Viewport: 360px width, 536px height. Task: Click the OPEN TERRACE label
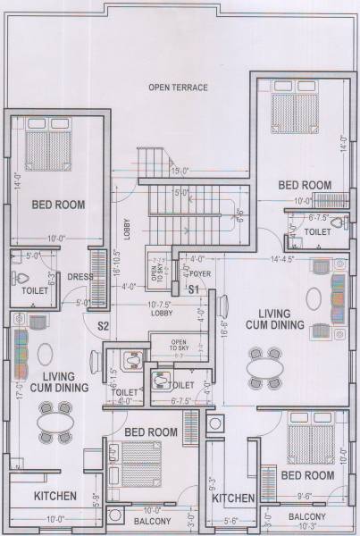click(x=179, y=88)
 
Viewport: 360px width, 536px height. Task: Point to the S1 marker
click(x=193, y=289)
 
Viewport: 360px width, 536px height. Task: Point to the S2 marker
click(x=103, y=325)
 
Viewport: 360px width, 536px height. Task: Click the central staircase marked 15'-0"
click(x=179, y=197)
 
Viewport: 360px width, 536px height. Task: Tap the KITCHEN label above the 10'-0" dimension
click(x=54, y=497)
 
